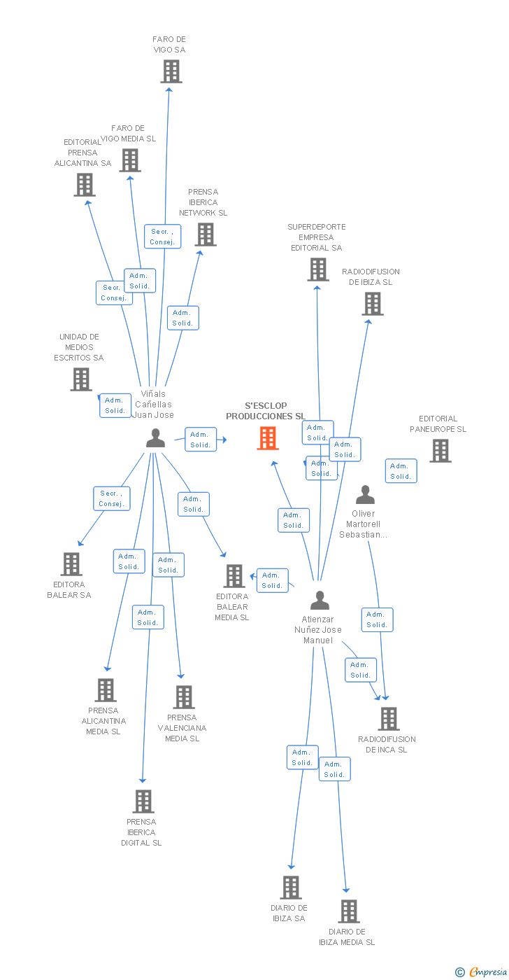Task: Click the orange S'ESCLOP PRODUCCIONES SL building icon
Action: tap(268, 438)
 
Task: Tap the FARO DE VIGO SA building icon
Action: tap(171, 71)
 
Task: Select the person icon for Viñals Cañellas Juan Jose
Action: tap(155, 438)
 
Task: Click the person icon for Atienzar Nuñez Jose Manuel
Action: tap(320, 600)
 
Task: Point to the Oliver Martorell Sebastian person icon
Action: tap(365, 495)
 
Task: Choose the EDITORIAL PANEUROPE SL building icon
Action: tap(440, 451)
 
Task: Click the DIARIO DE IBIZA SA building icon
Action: tap(291, 887)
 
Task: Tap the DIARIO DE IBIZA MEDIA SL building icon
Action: tap(349, 911)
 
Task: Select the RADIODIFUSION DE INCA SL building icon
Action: tap(388, 719)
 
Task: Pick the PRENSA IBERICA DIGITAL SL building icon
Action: tap(143, 801)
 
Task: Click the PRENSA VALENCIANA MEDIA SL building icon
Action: tap(184, 697)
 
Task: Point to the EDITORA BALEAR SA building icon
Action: tap(71, 564)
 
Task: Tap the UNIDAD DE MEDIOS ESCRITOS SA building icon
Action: tap(81, 379)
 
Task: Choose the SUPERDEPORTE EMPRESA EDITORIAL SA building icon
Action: tap(317, 269)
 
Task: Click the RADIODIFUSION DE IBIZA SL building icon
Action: tap(373, 304)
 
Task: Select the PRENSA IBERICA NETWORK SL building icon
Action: tap(205, 234)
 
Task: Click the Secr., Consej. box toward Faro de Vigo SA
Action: tap(163, 237)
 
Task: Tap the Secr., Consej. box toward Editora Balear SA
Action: tap(111, 498)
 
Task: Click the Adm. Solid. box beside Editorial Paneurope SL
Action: tap(401, 471)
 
